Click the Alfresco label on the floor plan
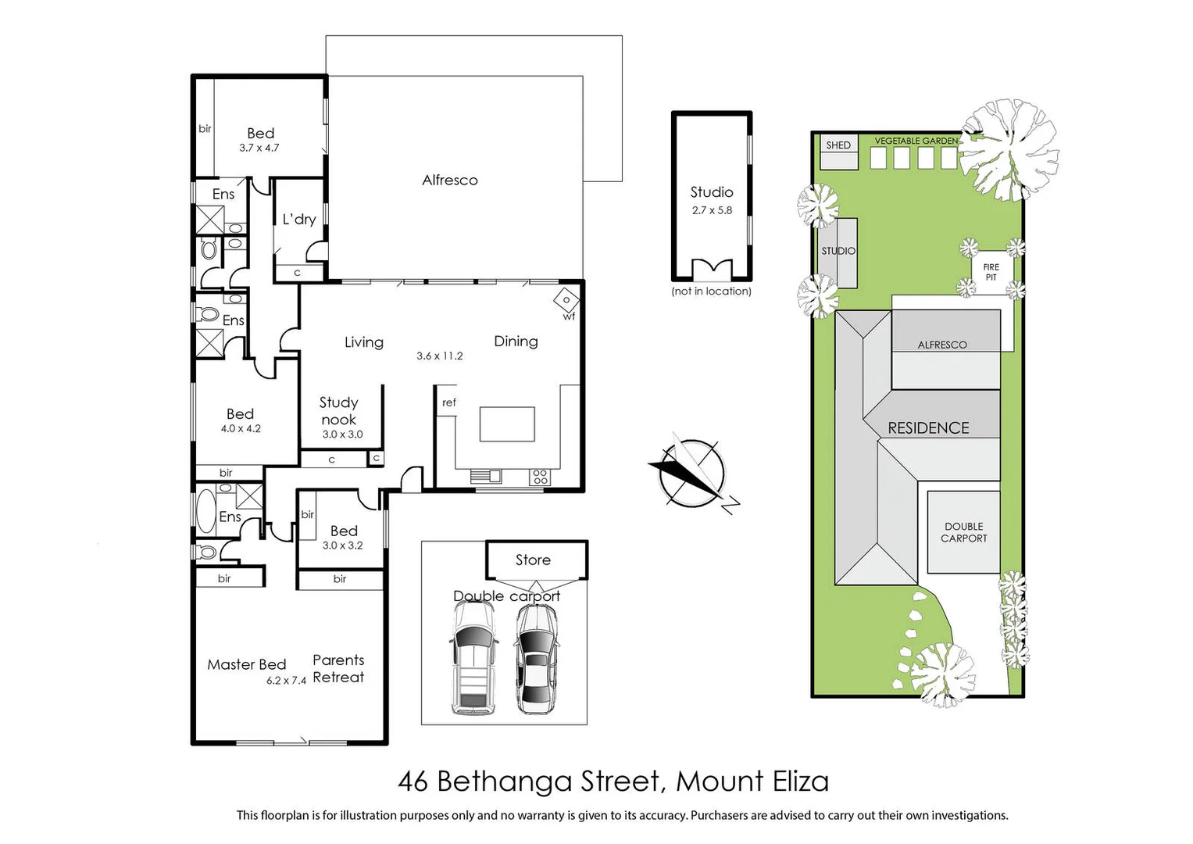pyautogui.click(x=449, y=181)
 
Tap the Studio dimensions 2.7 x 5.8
pyautogui.click(x=712, y=210)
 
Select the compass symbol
pyautogui.click(x=692, y=474)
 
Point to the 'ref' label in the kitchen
pyautogui.click(x=448, y=402)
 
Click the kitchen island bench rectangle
pyautogui.click(x=507, y=424)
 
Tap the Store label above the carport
pyautogui.click(x=533, y=560)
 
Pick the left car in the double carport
pyautogui.click(x=473, y=659)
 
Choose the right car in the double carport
pyautogui.click(x=536, y=659)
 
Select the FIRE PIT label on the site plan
pyautogui.click(x=991, y=272)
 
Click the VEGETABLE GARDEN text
pyautogui.click(x=916, y=141)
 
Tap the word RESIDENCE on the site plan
pyautogui.click(x=928, y=428)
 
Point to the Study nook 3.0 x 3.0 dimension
pyautogui.click(x=342, y=435)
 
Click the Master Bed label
pyautogui.click(x=246, y=664)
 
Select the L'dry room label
pyautogui.click(x=299, y=220)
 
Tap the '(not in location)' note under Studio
pyautogui.click(x=711, y=291)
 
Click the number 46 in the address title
pyautogui.click(x=413, y=781)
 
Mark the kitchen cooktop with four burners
pyautogui.click(x=540, y=476)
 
